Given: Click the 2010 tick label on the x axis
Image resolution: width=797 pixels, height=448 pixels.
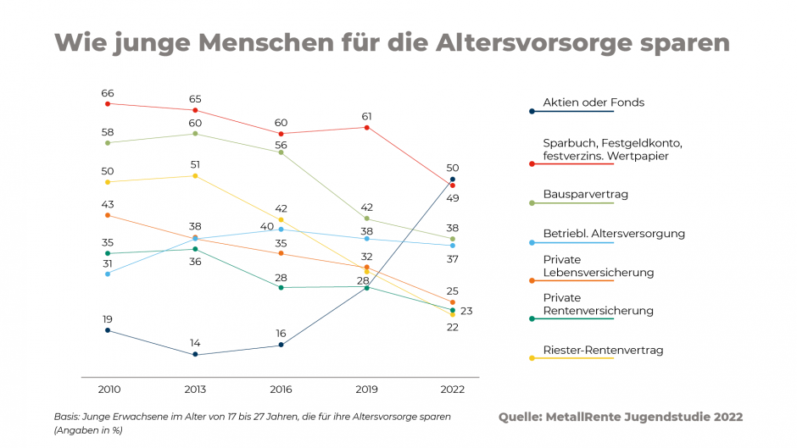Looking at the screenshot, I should coord(108,390).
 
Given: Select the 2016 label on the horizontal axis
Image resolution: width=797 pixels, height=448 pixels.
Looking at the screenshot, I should coord(281,390).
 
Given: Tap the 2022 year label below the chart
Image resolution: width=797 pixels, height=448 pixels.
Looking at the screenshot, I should coord(453,390).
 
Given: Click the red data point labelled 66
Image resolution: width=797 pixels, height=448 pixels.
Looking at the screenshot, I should coord(108,103).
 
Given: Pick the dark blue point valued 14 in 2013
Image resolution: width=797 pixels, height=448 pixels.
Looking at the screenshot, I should coord(195,354).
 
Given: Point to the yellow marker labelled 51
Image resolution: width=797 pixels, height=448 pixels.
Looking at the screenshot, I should coord(195,176).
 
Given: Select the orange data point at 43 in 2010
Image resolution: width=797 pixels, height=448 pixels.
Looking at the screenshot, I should coord(108,215).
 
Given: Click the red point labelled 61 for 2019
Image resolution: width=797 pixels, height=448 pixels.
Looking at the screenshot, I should coord(367,128).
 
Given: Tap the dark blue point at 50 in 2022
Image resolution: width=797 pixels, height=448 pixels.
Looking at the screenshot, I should coord(453,180).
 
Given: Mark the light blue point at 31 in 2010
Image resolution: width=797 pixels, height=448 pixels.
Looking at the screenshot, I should coord(108,274).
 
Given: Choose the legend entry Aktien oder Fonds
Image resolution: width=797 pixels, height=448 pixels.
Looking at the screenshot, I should coord(594,102).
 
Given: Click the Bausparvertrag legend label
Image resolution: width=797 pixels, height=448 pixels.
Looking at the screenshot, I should coord(585,194).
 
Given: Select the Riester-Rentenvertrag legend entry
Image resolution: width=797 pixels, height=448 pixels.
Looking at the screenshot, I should coord(603,350).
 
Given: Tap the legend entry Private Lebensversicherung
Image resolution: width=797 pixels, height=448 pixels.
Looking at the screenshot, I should coord(598,266).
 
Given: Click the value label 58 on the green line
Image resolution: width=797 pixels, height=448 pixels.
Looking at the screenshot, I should coord(108,132).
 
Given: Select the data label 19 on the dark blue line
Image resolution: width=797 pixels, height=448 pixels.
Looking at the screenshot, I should coord(108,319).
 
